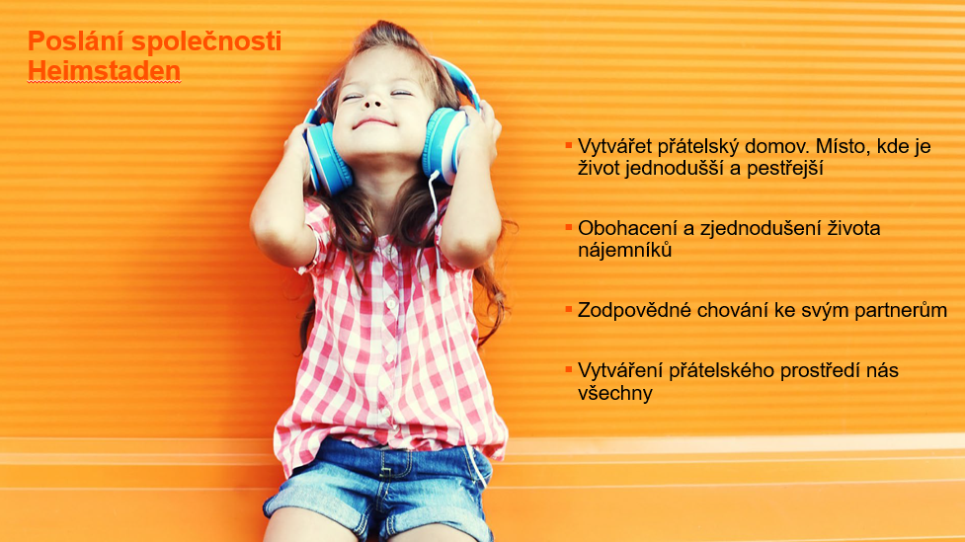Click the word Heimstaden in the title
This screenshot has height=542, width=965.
point(104,71)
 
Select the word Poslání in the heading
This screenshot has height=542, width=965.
point(76,41)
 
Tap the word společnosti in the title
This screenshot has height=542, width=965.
point(206,41)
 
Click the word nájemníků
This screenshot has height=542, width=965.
point(624,250)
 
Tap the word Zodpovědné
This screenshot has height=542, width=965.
point(634,310)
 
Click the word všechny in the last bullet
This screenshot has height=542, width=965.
point(614,394)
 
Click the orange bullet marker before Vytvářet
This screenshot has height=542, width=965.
point(569,146)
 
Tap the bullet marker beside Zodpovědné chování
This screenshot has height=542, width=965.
point(569,309)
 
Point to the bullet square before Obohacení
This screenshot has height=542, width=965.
point(569,228)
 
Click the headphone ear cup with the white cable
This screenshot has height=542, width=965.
point(443,146)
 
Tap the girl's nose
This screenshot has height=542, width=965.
point(371,104)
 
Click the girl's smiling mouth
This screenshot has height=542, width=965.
point(373,123)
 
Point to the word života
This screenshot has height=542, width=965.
point(853,228)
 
